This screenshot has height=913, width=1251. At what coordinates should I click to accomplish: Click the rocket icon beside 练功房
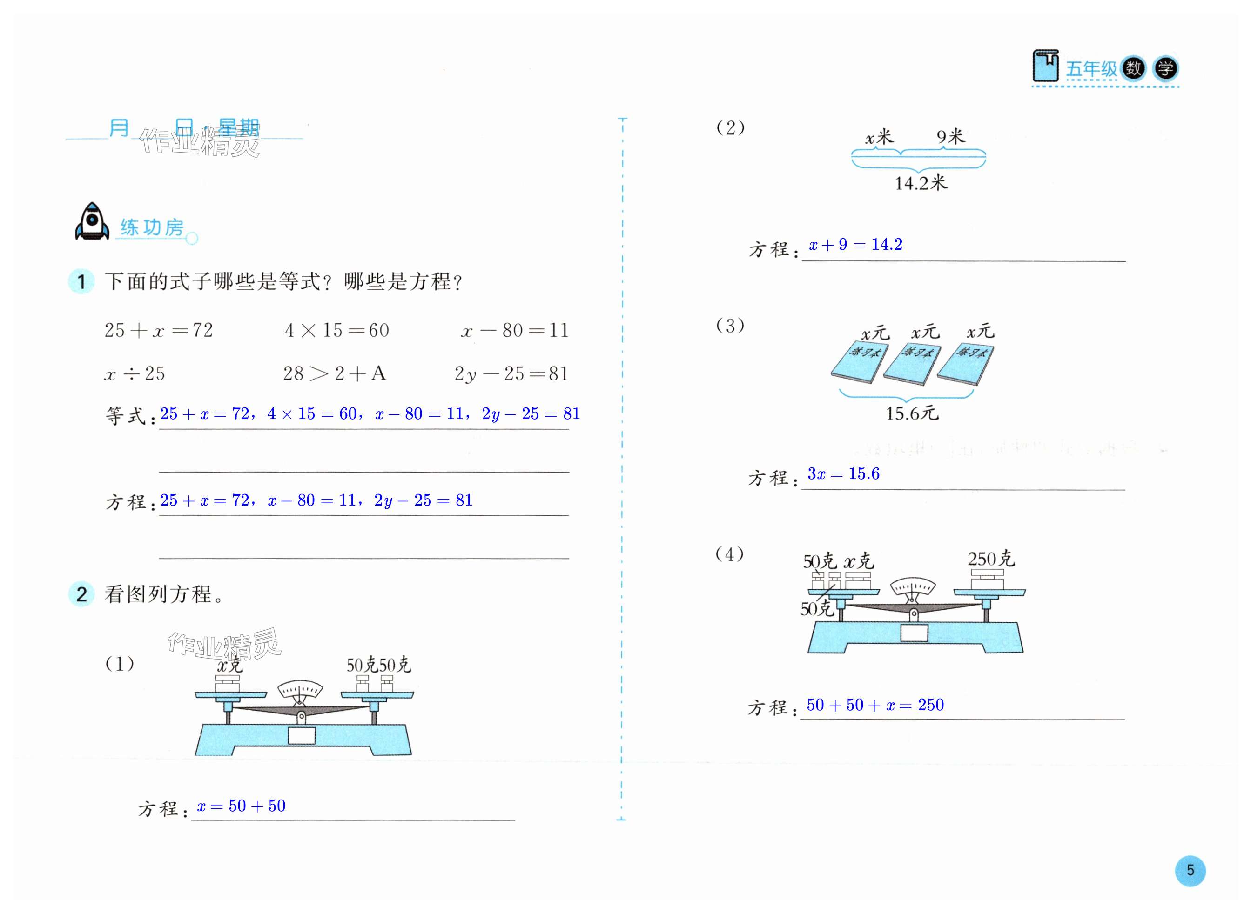coord(92,221)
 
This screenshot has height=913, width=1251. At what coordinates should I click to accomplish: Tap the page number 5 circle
coord(1190,871)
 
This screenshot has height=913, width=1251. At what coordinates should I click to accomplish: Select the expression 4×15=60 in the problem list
coord(337,331)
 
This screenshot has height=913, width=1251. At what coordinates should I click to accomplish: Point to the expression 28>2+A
coord(335,373)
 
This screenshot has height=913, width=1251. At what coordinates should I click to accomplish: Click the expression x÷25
coord(135,373)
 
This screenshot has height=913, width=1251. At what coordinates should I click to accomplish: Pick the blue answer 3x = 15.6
coord(843,473)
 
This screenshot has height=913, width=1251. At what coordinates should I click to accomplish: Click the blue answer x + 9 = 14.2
coord(855,244)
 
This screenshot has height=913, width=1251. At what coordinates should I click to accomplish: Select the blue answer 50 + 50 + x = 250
coord(875,705)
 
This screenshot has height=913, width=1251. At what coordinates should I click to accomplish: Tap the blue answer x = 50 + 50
coord(241,806)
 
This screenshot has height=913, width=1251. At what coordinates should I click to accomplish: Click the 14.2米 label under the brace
coord(921,183)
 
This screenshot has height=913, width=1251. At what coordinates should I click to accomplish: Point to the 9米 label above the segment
coord(950,136)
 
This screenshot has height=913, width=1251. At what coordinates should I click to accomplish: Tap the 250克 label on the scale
coord(991,559)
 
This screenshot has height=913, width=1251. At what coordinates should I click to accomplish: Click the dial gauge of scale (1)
coord(300,690)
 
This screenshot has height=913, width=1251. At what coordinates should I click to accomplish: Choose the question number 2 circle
coord(82,595)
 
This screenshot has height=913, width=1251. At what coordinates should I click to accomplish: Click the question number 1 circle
coord(82,282)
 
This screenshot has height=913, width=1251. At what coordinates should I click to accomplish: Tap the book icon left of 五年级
coord(1045,67)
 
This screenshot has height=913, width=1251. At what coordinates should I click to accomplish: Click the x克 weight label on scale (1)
coord(229,666)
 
